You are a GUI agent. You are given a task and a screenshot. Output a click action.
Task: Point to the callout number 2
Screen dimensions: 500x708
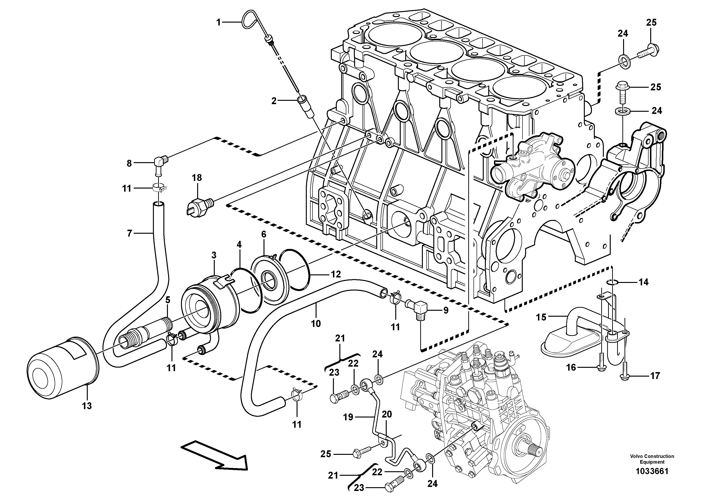274,101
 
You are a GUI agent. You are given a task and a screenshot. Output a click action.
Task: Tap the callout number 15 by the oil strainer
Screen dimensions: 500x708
541,317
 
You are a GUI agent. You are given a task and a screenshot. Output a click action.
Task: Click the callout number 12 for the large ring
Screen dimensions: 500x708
336,274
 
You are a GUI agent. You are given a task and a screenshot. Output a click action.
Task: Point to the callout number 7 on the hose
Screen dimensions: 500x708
130,233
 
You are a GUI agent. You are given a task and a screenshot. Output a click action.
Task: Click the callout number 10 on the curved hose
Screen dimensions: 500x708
316,323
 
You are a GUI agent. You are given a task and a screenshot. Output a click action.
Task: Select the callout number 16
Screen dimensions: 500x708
571,367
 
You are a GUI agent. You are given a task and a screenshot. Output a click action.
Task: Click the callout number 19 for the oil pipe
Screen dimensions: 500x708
348,417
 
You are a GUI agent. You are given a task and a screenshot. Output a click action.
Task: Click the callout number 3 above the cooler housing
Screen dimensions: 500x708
214,255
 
